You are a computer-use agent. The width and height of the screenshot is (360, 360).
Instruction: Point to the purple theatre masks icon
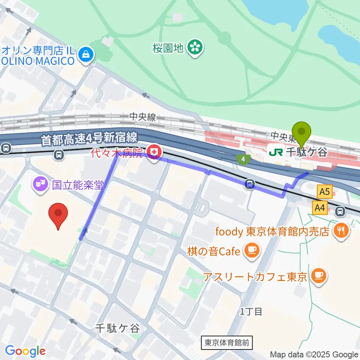(40, 184)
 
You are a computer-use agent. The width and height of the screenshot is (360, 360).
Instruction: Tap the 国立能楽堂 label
(77, 184)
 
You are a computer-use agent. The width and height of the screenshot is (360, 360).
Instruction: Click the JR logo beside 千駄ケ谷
(276, 152)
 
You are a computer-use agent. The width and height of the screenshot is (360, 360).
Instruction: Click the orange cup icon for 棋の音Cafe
(252, 250)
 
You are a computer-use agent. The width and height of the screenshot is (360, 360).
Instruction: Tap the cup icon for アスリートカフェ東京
(319, 277)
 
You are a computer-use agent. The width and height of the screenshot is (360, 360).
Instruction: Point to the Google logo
(25, 351)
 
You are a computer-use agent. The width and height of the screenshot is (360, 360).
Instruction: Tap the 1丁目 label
(251, 311)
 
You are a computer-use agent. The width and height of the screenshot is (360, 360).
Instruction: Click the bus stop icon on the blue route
(250, 184)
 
